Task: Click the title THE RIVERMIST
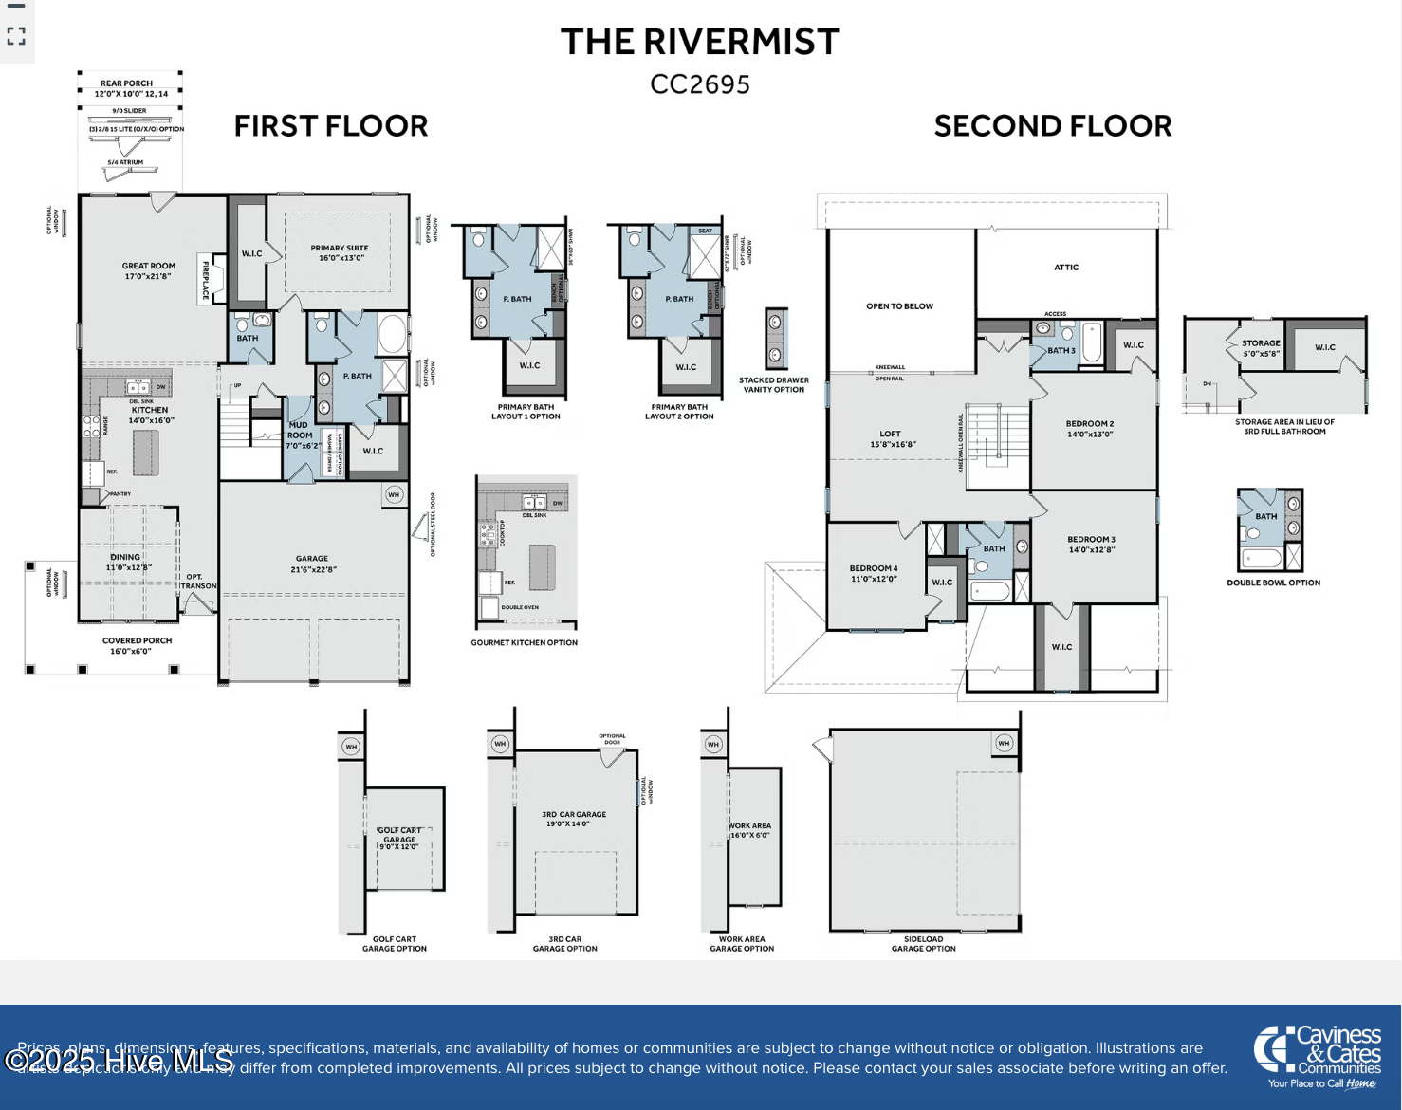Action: coord(700,43)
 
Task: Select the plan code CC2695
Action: coord(700,85)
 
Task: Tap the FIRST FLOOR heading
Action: coord(331,126)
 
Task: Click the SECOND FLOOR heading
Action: coord(1053,126)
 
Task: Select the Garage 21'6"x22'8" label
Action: coord(313,564)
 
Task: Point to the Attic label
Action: coord(1066,268)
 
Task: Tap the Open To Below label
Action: coord(899,306)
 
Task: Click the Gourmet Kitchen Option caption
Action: coord(525,643)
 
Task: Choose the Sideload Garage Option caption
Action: coord(923,944)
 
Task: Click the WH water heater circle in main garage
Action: coord(394,494)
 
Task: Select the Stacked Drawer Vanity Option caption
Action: coord(774,385)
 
